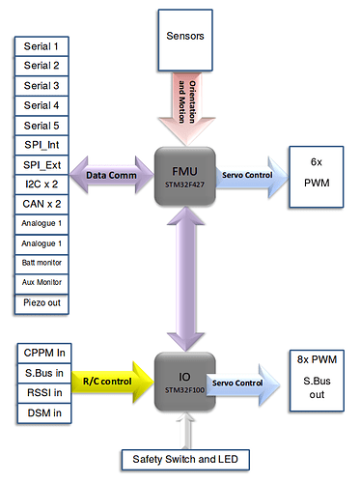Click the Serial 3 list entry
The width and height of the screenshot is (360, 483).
42,85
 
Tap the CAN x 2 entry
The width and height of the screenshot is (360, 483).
42,206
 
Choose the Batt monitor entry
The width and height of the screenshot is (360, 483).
42,263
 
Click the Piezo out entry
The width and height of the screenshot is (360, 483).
42,302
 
